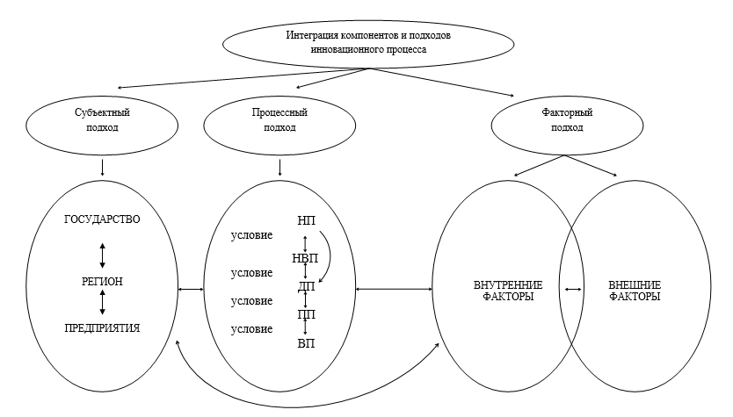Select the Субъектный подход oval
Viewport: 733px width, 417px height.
click(104, 120)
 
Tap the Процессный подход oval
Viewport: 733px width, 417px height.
click(279, 120)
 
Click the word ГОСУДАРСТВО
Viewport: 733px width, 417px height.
click(103, 219)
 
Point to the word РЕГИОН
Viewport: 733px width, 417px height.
click(103, 281)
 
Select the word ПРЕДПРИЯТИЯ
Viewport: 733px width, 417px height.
click(103, 327)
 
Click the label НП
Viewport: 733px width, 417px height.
click(306, 219)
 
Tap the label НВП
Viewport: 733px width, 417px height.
click(306, 258)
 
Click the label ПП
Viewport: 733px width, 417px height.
click(306, 314)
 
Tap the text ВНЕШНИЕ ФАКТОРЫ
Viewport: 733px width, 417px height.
click(635, 291)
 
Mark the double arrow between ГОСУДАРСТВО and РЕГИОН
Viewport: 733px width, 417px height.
click(103, 253)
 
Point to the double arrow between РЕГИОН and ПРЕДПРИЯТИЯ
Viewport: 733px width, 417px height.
click(103, 302)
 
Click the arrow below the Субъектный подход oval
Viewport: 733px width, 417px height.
click(104, 166)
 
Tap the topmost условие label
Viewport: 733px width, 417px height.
click(251, 235)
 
